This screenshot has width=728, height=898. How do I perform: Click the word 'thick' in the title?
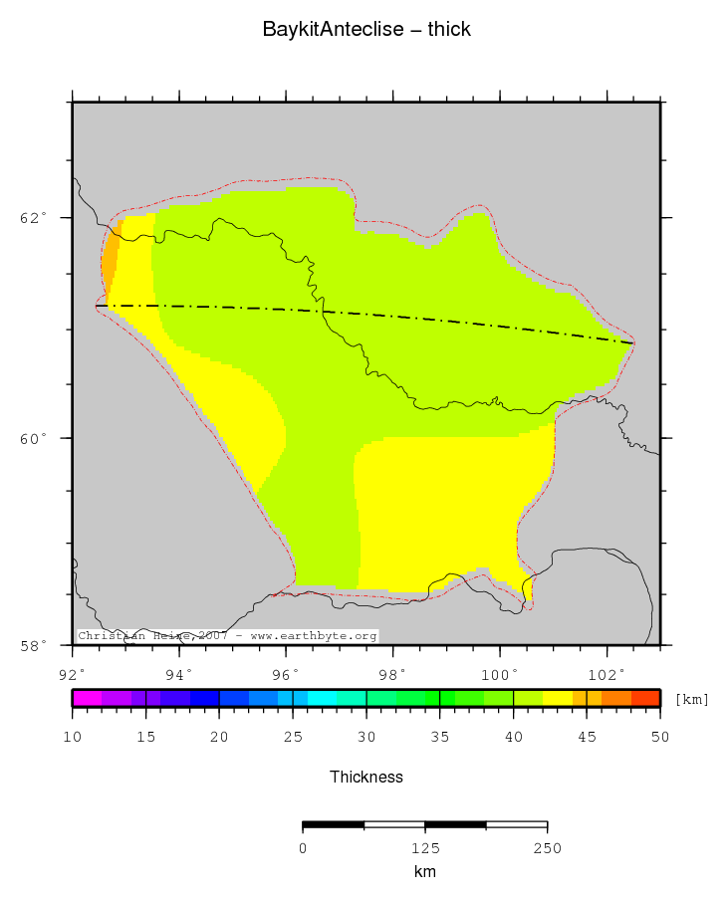(449, 30)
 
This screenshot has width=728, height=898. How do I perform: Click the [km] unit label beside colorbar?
(692, 699)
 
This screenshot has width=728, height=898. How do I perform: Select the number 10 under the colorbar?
(73, 737)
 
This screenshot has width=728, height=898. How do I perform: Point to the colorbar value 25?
(293, 737)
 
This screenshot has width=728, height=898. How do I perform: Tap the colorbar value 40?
(513, 737)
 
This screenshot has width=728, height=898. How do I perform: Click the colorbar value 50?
(659, 737)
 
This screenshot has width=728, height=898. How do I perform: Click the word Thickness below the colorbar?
(366, 777)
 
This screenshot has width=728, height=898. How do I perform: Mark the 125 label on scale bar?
(425, 848)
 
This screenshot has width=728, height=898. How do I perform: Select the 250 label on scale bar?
(547, 848)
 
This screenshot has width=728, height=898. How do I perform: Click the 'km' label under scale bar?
(425, 871)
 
